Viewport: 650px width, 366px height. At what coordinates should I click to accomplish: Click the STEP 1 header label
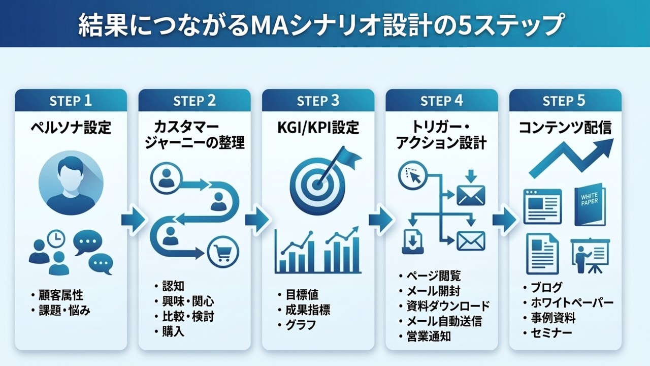[71, 101]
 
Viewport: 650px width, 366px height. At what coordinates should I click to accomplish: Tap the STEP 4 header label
[441, 101]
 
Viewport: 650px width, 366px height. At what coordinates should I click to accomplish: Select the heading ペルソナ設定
[71, 128]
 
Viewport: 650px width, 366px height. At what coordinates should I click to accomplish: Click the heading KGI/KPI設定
[318, 128]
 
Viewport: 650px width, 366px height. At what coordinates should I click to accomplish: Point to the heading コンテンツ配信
[565, 128]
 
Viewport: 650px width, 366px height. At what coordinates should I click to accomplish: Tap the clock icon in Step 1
[56, 239]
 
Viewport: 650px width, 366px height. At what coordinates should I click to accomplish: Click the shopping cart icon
[223, 252]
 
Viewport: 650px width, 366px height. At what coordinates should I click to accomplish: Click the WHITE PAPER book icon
[590, 204]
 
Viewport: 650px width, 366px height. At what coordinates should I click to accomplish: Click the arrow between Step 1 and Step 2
[133, 219]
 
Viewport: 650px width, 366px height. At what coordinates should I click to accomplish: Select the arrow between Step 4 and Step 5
[504, 219]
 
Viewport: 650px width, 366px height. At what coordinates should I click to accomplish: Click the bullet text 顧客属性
[61, 295]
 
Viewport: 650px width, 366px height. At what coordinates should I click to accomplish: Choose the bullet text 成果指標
[308, 310]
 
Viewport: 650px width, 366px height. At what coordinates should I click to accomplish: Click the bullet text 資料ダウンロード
[448, 306]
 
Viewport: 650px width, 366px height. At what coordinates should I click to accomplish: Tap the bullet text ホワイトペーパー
[572, 303]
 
